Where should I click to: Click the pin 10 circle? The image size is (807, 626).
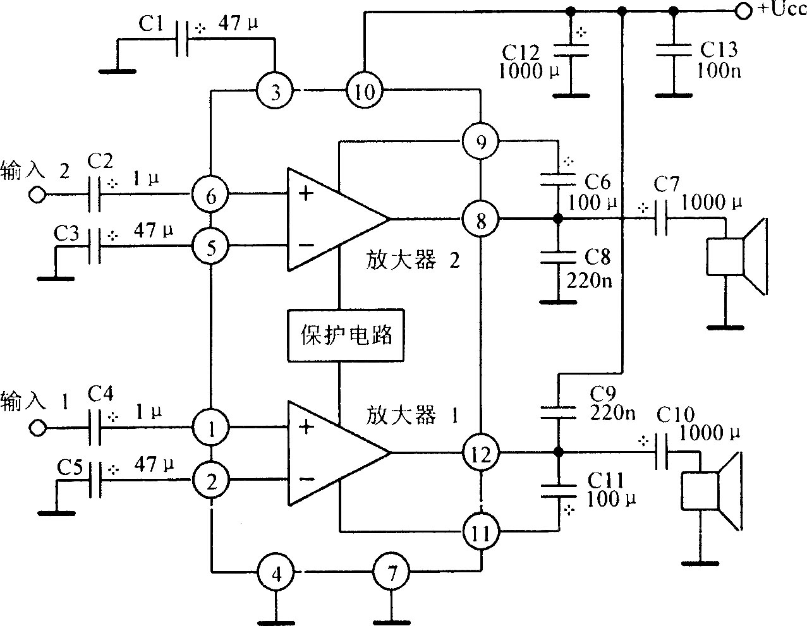(x=365, y=90)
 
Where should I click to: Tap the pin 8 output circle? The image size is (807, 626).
(x=481, y=219)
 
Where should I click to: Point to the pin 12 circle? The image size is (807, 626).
(x=481, y=453)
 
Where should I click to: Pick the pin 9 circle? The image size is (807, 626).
(x=481, y=141)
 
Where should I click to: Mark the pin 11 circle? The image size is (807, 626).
(x=481, y=532)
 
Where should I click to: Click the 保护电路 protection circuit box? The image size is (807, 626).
(x=346, y=335)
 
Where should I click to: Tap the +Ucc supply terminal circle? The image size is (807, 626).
(x=743, y=12)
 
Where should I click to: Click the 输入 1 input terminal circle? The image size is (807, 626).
(x=37, y=428)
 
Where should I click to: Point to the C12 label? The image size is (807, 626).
(x=521, y=52)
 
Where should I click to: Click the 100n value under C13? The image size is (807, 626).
(x=719, y=71)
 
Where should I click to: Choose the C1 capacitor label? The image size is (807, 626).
(x=151, y=24)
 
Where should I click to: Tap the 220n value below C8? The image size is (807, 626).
(x=590, y=281)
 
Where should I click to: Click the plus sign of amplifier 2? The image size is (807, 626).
(x=306, y=193)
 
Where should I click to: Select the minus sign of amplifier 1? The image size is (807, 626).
(x=306, y=479)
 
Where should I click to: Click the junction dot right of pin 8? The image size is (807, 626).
(x=557, y=219)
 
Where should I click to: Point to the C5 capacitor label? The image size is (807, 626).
(x=70, y=468)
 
